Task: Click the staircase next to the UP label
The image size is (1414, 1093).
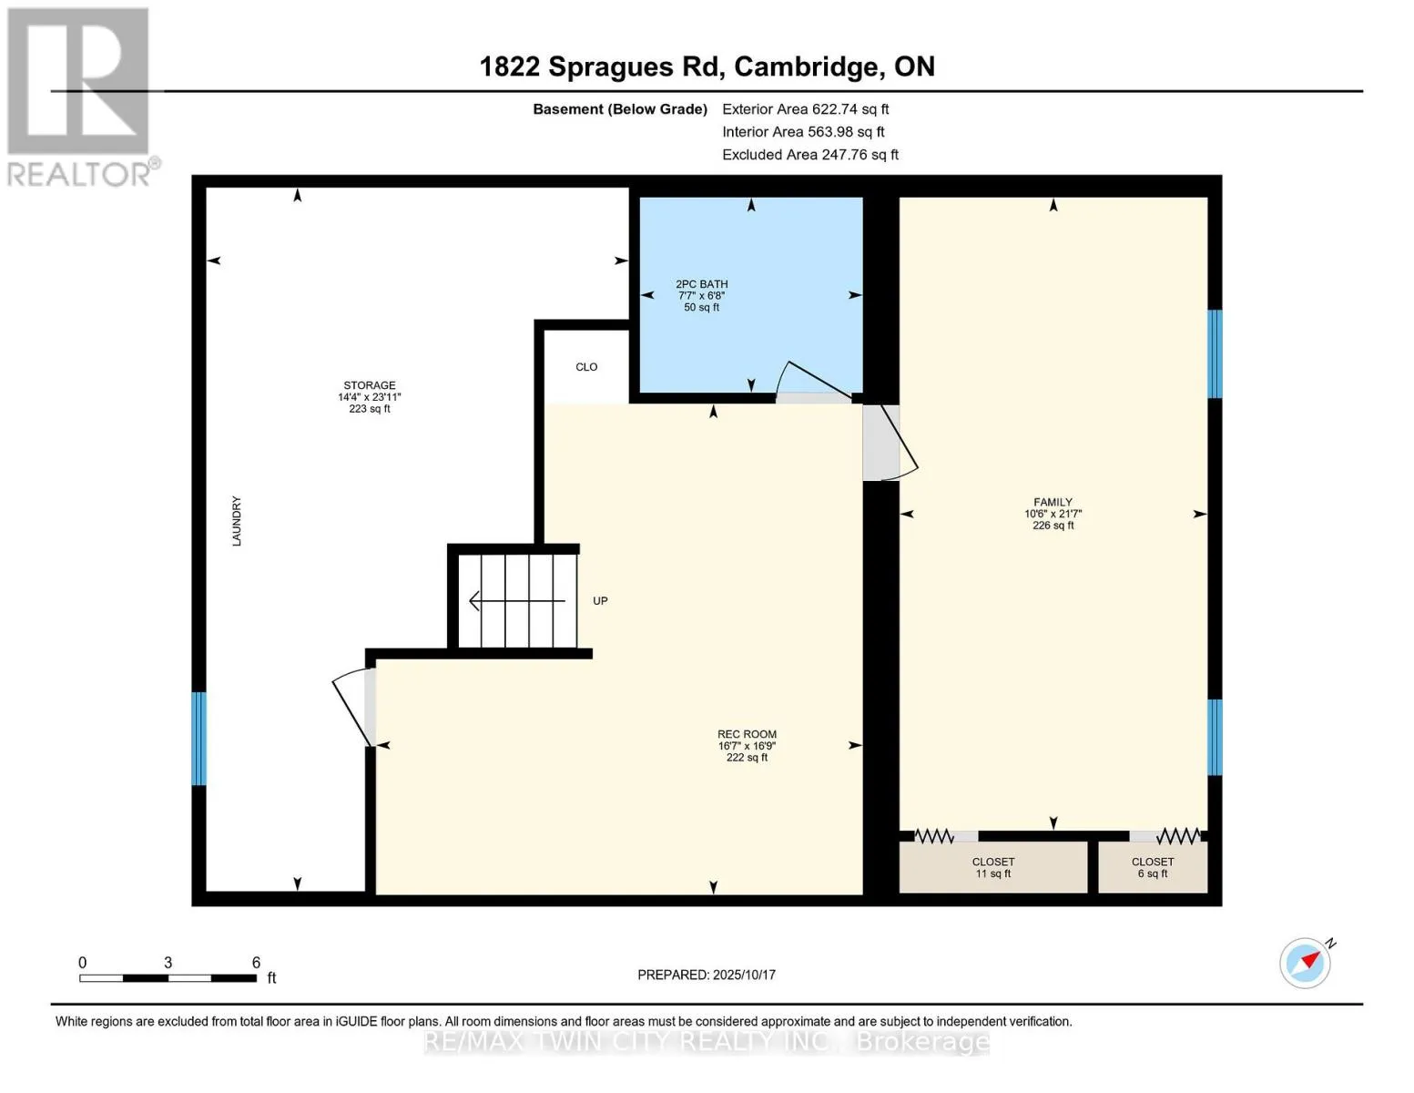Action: (517, 600)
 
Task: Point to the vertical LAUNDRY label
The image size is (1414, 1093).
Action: (237, 521)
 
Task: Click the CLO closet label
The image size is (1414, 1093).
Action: (586, 367)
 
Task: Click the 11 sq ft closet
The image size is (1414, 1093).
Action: (993, 867)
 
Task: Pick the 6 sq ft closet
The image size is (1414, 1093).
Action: (1153, 867)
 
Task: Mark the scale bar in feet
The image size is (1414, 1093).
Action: (168, 977)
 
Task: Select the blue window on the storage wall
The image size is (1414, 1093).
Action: (199, 739)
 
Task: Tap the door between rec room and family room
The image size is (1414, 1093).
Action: (890, 444)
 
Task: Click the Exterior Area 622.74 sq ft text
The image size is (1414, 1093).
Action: (805, 109)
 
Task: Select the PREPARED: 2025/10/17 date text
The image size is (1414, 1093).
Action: (707, 975)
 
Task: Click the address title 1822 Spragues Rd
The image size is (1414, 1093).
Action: (600, 67)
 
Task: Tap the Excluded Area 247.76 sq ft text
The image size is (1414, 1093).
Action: (810, 155)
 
